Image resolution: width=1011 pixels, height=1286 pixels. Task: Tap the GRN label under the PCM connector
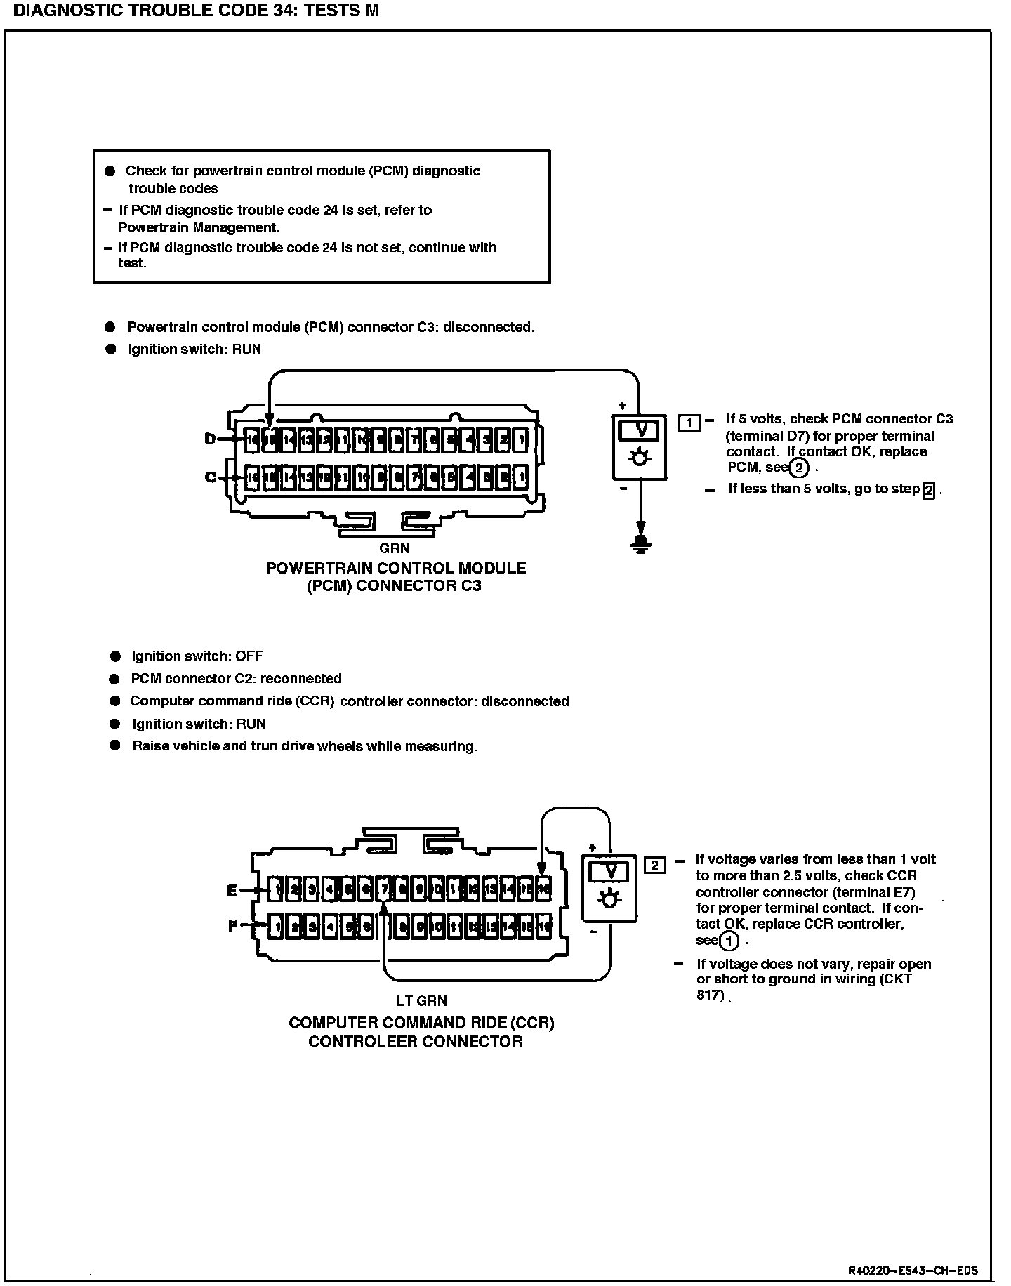(394, 548)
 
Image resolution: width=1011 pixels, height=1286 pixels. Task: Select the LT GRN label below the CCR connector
(421, 1000)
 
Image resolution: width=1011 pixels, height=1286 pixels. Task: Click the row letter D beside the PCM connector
(210, 439)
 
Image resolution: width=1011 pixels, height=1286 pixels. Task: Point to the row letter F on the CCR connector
(233, 926)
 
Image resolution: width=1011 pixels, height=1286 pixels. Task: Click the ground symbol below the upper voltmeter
(640, 543)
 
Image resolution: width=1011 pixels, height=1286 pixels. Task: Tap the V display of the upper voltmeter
(640, 430)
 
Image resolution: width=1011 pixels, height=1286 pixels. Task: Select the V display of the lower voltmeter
(609, 871)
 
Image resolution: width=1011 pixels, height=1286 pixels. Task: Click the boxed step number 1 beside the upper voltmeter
(689, 423)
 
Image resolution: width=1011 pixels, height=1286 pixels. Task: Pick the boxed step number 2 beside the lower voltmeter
(654, 865)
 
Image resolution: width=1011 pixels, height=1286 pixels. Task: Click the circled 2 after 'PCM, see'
(798, 468)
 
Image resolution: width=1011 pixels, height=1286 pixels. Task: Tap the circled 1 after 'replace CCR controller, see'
(730, 941)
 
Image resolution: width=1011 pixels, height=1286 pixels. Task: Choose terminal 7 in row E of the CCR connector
(384, 890)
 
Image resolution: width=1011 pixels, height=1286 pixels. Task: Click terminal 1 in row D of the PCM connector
(520, 440)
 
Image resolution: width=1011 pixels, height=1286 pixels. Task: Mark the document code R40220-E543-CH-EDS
(913, 1271)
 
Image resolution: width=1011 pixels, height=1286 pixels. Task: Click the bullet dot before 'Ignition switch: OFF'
(115, 656)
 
